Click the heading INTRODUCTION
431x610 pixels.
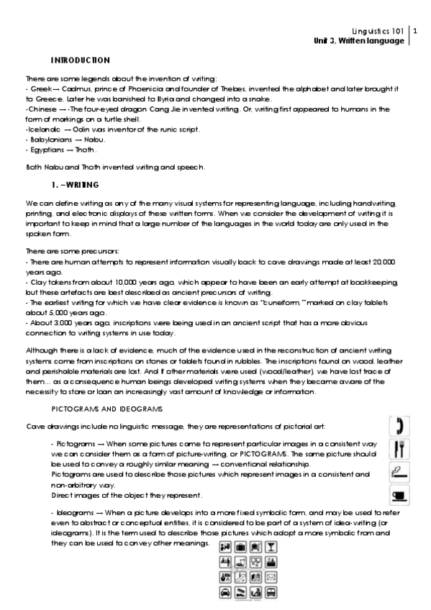80,60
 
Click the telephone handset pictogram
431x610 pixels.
397,426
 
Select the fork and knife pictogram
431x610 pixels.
397,450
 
